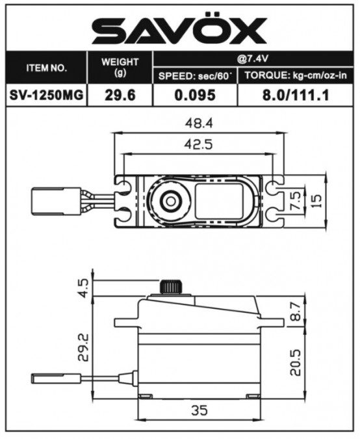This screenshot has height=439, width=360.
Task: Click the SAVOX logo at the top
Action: point(179,30)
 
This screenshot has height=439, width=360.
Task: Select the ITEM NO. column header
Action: point(47,68)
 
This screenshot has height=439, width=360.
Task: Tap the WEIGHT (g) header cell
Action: point(120,67)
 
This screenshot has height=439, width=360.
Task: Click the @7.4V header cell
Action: point(253,59)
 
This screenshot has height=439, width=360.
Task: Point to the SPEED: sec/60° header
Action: point(195,76)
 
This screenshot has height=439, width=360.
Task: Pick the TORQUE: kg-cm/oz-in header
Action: point(296,75)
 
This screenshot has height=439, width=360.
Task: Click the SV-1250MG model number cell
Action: point(46,95)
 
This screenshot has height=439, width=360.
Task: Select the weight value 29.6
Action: point(120,95)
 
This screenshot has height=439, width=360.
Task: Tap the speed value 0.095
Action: point(195,95)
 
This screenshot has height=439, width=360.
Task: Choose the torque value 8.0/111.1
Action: point(296,95)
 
